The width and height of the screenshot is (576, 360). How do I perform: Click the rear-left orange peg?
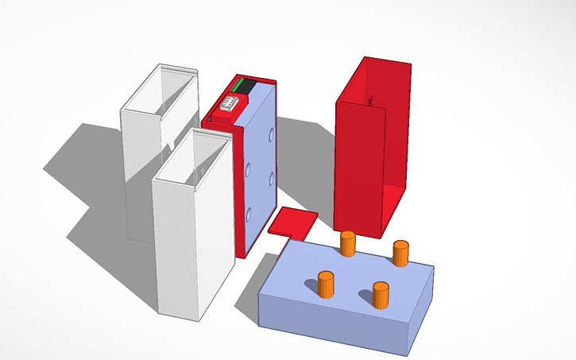click(347, 244)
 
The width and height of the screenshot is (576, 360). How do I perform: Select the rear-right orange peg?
click(400, 254)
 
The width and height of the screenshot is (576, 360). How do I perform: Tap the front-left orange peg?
click(326, 285)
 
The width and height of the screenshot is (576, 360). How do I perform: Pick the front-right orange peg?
click(381, 295)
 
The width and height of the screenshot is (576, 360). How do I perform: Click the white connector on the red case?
click(229, 104)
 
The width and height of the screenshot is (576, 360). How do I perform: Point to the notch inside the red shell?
click(371, 102)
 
